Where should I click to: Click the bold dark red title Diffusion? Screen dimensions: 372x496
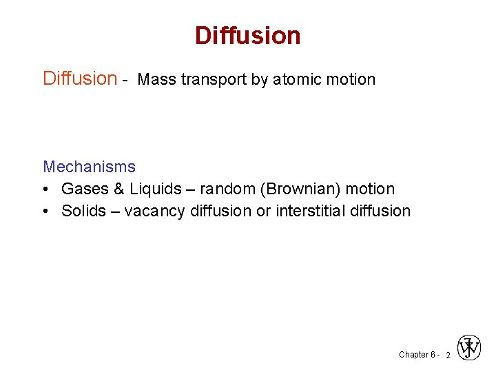(247, 35)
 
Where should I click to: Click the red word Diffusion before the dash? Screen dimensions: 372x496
(80, 79)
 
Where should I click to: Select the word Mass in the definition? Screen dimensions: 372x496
(156, 80)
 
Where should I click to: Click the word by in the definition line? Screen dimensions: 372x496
(260, 80)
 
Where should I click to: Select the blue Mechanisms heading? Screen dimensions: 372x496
(89, 167)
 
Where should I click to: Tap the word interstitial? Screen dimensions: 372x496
(311, 211)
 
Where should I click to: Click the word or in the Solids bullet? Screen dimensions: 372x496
(263, 211)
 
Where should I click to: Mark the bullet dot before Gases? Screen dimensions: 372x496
(47, 189)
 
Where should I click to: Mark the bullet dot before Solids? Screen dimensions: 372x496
(47, 211)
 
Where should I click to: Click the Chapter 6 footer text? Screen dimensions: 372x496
(416, 355)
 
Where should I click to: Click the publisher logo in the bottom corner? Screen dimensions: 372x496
(470, 348)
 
